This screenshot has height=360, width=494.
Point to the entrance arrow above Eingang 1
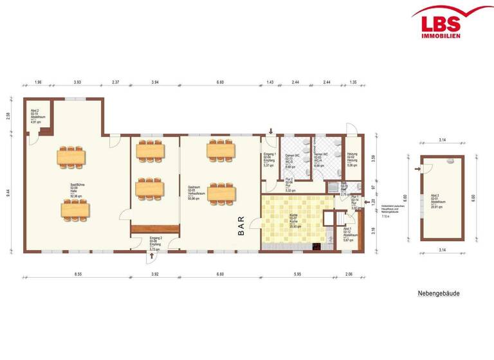[x=271, y=131]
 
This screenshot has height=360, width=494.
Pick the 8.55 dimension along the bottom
[x=77, y=274]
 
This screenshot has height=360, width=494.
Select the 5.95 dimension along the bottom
[x=297, y=274]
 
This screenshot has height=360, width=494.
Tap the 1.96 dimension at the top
[x=38, y=83]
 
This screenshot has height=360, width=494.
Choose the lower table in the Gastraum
[x=221, y=191]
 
